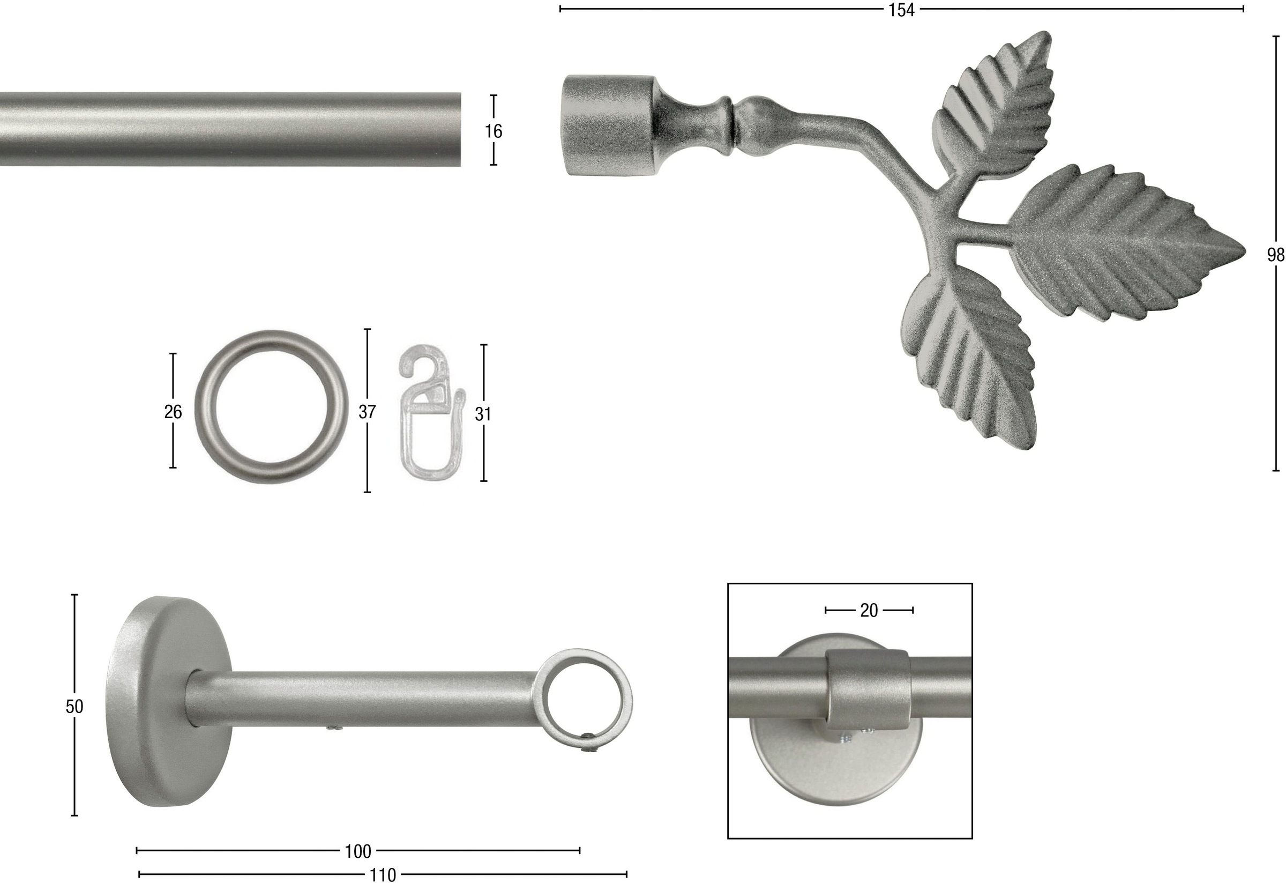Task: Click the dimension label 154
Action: pyautogui.click(x=901, y=10)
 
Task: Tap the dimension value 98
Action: pyautogui.click(x=1276, y=255)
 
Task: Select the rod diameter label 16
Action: pyautogui.click(x=493, y=131)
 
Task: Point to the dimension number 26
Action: pyautogui.click(x=173, y=412)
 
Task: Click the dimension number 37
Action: pyautogui.click(x=367, y=412)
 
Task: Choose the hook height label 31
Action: pyautogui.click(x=483, y=414)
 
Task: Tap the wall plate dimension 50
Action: pyautogui.click(x=74, y=707)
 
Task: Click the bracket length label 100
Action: pyautogui.click(x=358, y=851)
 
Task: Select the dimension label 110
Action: pyautogui.click(x=383, y=875)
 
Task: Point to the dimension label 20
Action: pyautogui.click(x=869, y=611)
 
